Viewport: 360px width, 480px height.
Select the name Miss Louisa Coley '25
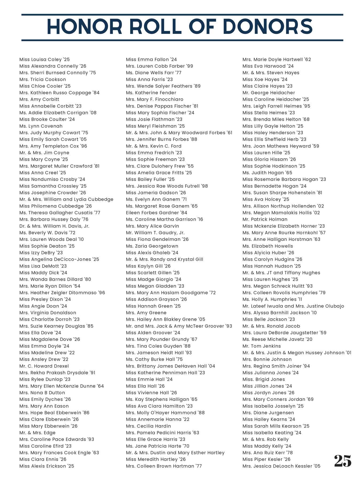(x=45, y=59)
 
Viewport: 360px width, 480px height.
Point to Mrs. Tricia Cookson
(x=43, y=79)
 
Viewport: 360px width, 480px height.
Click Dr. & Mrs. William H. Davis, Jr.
(x=54, y=226)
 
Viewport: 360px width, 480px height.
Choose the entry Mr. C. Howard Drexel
(x=44, y=366)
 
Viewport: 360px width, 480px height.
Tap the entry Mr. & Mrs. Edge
(x=37, y=433)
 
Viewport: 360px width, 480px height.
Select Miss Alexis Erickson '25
(x=47, y=466)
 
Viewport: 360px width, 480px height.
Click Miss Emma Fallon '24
(x=151, y=59)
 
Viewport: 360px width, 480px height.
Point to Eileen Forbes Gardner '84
(x=157, y=213)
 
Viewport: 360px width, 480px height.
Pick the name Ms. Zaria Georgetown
(x=152, y=246)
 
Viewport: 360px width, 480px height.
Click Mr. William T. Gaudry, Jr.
(x=155, y=233)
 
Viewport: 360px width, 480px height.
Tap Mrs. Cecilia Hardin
(x=148, y=426)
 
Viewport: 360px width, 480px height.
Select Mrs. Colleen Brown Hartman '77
(x=164, y=466)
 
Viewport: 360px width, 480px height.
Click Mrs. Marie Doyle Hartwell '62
(x=277, y=59)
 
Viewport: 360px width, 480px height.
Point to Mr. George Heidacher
(x=269, y=93)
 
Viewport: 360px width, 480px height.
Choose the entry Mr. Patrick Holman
(x=265, y=219)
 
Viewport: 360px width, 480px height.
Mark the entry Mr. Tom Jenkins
(x=262, y=346)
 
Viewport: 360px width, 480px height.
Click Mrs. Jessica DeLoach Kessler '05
(x=281, y=466)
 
